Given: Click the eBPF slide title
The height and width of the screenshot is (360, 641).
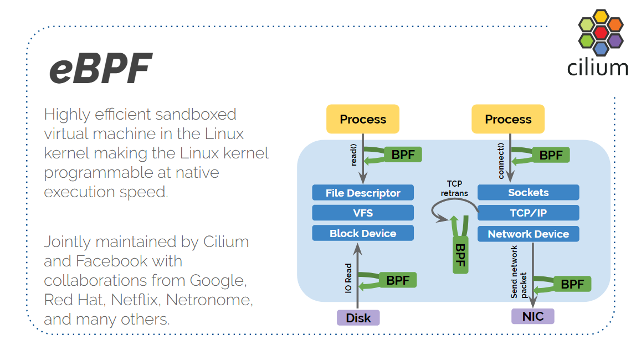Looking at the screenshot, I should tap(100, 69).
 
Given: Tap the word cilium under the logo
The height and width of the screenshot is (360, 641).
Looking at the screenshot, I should tap(598, 67).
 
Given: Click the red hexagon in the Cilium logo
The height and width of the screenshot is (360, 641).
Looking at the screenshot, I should tap(601, 33).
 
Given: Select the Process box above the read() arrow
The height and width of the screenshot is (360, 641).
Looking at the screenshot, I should tap(363, 119).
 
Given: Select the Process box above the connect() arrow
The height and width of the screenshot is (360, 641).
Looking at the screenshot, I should tap(508, 119).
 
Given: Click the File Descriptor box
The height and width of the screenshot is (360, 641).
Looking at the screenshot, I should tap(363, 193).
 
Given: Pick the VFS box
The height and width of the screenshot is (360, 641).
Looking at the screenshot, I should tap(363, 213).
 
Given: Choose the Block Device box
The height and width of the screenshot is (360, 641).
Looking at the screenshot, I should tap(363, 233).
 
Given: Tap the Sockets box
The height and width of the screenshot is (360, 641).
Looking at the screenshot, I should tap(528, 192).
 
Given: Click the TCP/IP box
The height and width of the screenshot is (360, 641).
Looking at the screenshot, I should tap(528, 213).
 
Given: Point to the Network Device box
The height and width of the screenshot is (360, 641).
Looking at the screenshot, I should tap(528, 234).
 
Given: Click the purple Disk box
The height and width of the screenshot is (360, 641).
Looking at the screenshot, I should tap(358, 318).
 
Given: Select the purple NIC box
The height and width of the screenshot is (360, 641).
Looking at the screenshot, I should tap(532, 316).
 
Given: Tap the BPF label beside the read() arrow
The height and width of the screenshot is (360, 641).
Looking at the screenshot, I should tap(403, 155).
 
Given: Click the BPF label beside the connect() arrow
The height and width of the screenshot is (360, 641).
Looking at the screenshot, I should tap(551, 155).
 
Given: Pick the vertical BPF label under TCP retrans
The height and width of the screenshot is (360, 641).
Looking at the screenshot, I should tap(460, 254).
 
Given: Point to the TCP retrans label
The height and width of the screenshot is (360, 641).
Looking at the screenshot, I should tap(454, 188).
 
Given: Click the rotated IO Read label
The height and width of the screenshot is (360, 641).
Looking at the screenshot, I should tap(348, 278).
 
